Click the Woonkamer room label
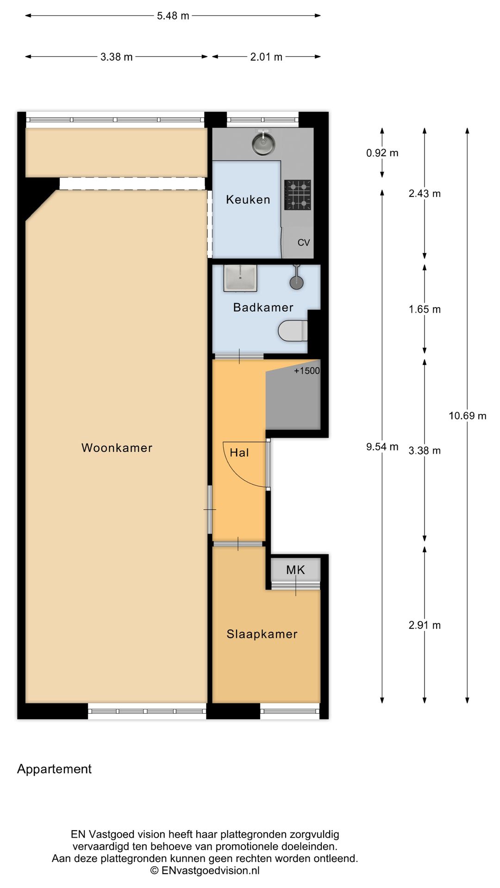click(117, 448)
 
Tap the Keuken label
click(248, 199)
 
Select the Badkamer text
click(263, 308)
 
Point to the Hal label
click(239, 453)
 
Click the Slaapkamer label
click(262, 634)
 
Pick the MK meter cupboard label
click(295, 570)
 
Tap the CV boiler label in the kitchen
click(304, 242)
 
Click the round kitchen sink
click(263, 143)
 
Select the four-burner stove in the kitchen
click(298, 195)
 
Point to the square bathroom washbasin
click(240, 278)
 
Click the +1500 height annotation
click(307, 370)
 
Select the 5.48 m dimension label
click(173, 16)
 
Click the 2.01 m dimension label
click(266, 57)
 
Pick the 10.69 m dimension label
click(468, 416)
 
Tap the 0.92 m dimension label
click(382, 153)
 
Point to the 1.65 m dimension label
click(425, 309)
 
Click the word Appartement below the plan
click(54, 769)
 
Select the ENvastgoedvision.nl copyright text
click(205, 870)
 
